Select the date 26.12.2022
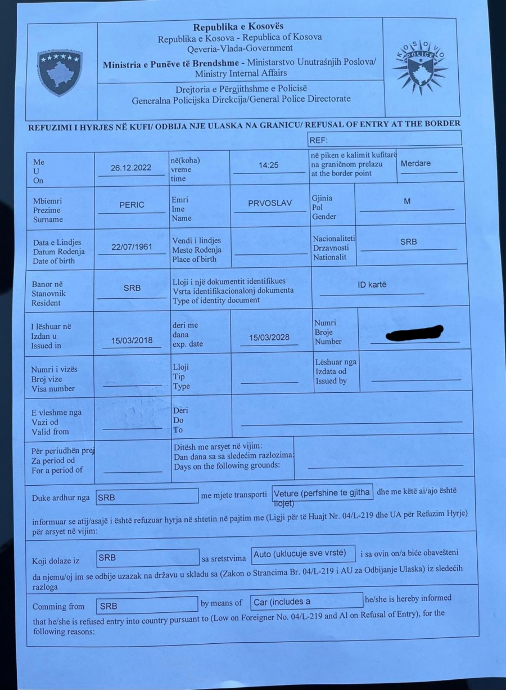(x=131, y=168)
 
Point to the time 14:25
(x=269, y=165)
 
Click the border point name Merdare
(x=415, y=163)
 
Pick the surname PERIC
(x=132, y=205)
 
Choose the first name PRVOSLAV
(x=270, y=203)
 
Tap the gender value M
(x=407, y=201)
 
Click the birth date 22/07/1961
(x=132, y=247)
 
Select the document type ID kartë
(x=372, y=285)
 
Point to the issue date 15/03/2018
(x=132, y=340)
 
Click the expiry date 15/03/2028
(x=269, y=337)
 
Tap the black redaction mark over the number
(x=414, y=334)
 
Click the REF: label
(x=318, y=140)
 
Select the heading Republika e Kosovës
(x=238, y=26)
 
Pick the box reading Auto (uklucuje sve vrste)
(x=302, y=554)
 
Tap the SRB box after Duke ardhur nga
(x=147, y=498)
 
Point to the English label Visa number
(x=53, y=388)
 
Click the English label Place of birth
(x=194, y=259)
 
